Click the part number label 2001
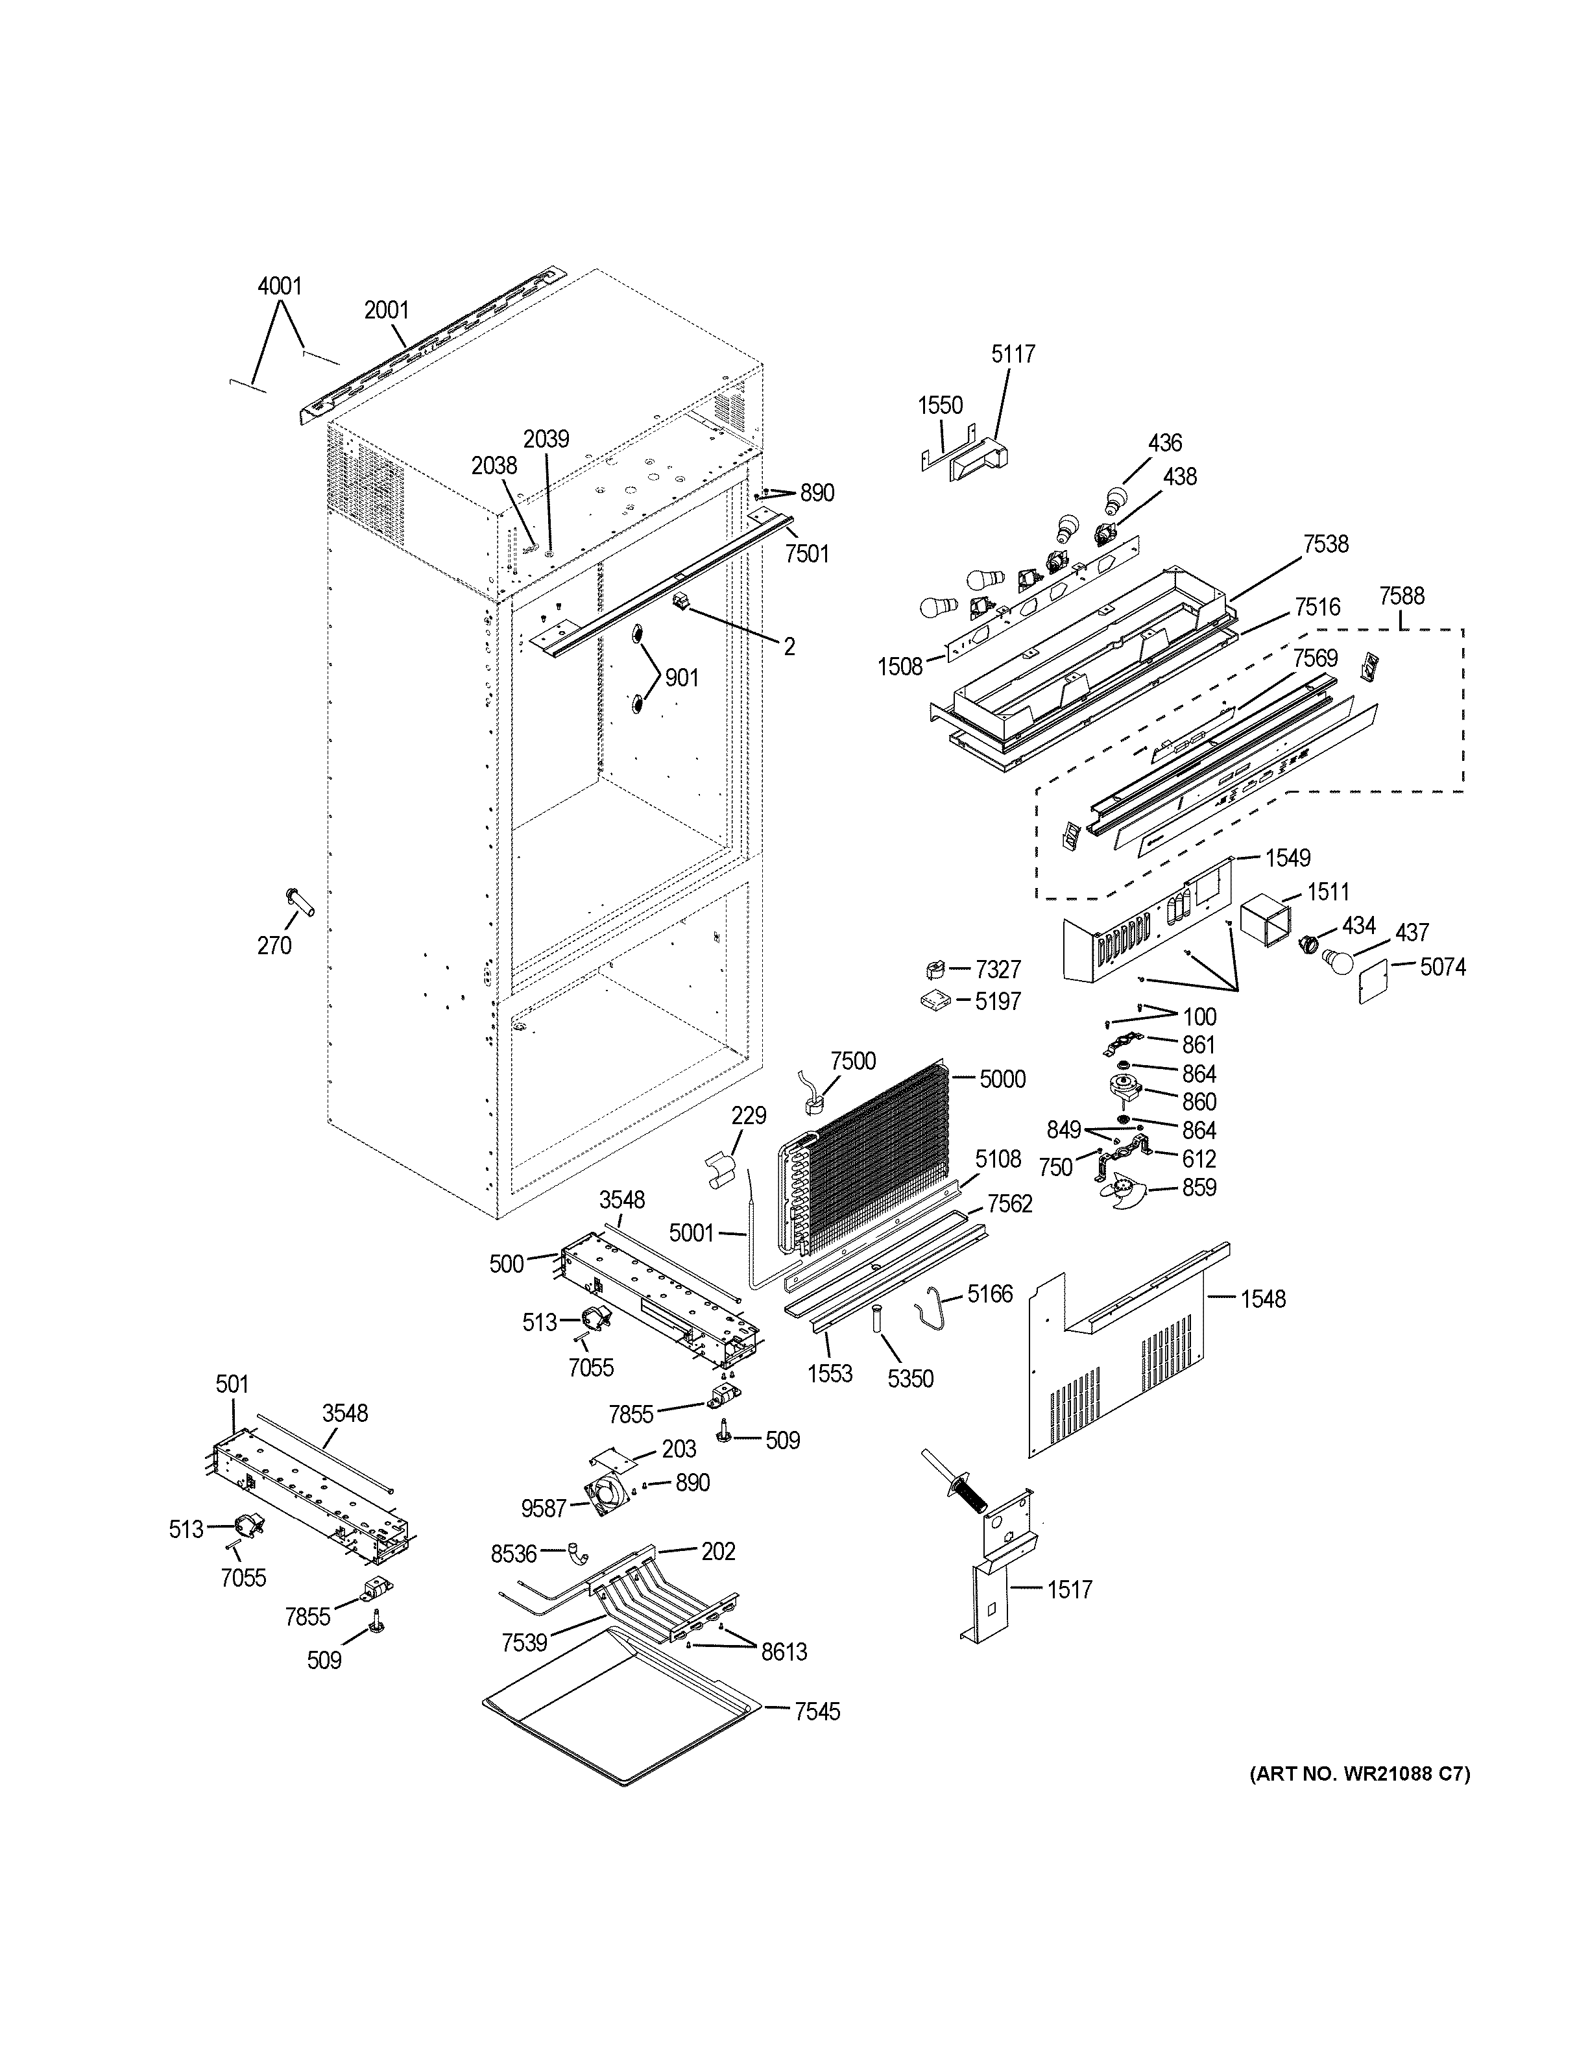click(386, 309)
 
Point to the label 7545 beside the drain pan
click(817, 1712)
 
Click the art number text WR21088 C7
click(1360, 1775)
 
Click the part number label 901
click(681, 677)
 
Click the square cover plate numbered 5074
click(1375, 980)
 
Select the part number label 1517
click(1070, 1590)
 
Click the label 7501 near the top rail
click(807, 554)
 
